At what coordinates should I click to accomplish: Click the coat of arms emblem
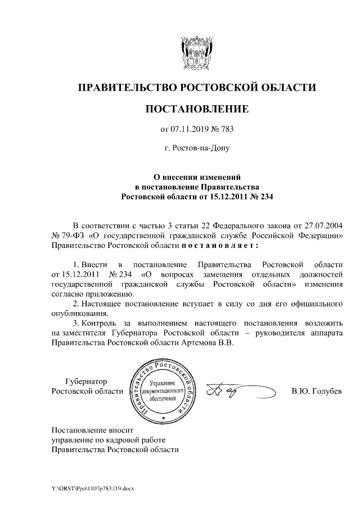(x=196, y=51)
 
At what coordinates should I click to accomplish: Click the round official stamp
(x=163, y=390)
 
